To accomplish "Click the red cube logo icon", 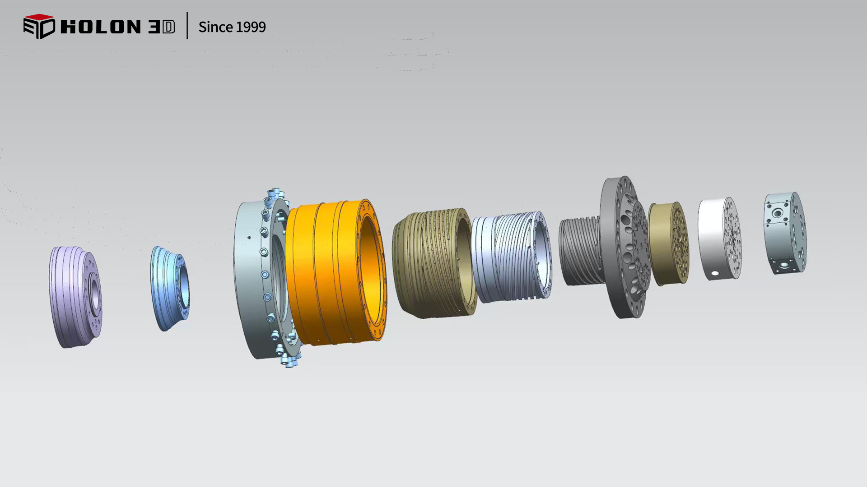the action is pos(39,26).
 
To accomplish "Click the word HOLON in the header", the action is pos(100,27).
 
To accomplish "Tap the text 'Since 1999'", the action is pos(232,27).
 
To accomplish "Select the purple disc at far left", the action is pos(75,297).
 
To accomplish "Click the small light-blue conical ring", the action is pos(170,289).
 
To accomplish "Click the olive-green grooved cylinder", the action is pos(433,263).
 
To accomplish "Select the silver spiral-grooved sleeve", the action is pos(511,257).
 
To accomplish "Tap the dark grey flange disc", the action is pos(625,247).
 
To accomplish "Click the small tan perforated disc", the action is pos(669,243).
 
